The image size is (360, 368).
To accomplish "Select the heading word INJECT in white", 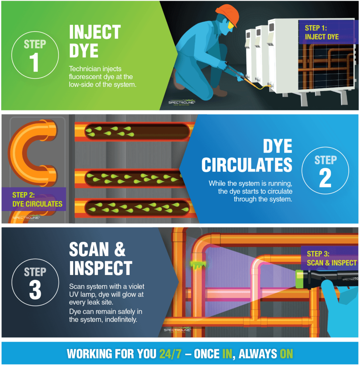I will point(95,32).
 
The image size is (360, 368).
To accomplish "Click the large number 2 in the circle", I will point(325,178).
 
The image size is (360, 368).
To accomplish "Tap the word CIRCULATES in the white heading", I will point(247,165).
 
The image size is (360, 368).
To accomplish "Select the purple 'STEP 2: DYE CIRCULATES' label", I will point(37,199).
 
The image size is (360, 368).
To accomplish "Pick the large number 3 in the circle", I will point(35,291).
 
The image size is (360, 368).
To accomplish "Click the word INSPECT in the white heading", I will point(101,268).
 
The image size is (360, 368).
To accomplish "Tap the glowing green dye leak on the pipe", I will point(197,265).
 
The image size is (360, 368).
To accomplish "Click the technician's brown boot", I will point(219,92).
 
